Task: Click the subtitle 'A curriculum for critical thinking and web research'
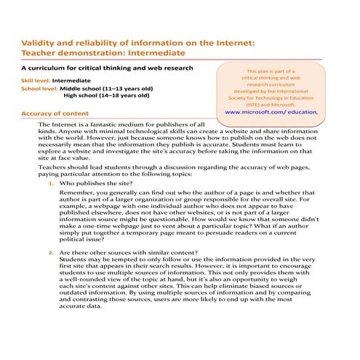tap(108, 68)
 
